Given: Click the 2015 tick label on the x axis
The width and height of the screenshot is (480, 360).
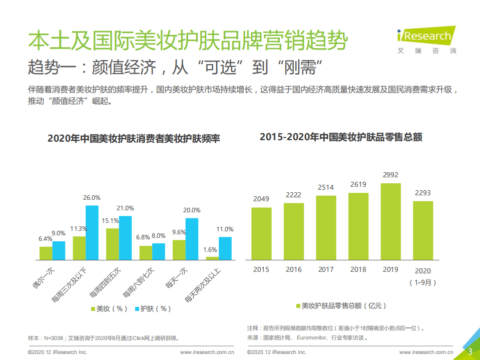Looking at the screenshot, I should [x=261, y=269].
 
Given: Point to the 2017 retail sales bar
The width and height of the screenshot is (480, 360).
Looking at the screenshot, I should [x=326, y=227].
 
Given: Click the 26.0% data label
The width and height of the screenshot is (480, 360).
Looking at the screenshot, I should [x=92, y=197].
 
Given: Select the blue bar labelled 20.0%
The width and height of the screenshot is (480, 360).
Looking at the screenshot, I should [x=192, y=239].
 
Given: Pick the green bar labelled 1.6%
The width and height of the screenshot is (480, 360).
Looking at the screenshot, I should [x=212, y=258].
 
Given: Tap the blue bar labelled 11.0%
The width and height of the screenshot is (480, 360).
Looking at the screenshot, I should [x=225, y=248].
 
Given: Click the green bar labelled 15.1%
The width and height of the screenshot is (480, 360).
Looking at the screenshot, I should [x=112, y=244].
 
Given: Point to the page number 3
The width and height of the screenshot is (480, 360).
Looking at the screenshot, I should [x=470, y=351].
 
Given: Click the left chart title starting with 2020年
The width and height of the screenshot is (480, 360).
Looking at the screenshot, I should [x=134, y=139].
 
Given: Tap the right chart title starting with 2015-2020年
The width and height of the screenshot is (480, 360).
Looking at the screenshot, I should [x=341, y=137].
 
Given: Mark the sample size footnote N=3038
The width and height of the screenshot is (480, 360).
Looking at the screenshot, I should [x=103, y=338].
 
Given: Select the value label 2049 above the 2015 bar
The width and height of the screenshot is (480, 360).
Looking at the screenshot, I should [x=261, y=199].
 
